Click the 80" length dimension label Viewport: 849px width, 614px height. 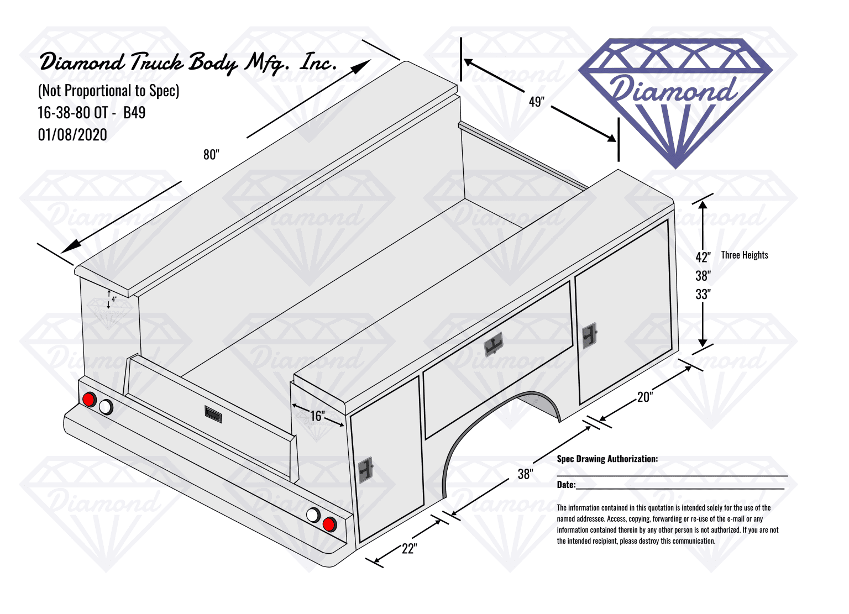(211, 155)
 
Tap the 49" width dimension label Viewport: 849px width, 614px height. (537, 102)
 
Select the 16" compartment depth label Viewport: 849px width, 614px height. (317, 416)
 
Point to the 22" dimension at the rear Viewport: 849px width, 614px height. (410, 548)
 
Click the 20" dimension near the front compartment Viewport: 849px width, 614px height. (645, 397)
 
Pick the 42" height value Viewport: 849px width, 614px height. (703, 257)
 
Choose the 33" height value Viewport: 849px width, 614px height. (703, 294)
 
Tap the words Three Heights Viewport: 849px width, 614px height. (745, 255)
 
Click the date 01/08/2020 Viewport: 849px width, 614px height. (72, 134)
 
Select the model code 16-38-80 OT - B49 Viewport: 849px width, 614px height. (91, 113)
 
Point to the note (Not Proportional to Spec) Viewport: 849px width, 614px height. (108, 91)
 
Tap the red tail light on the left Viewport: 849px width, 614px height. (88, 399)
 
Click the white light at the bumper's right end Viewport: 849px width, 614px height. (313, 515)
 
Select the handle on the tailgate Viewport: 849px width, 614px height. (213, 414)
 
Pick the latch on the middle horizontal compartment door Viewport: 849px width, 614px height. (494, 344)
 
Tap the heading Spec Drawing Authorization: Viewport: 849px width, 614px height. (607, 459)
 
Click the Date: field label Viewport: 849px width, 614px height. (566, 484)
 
